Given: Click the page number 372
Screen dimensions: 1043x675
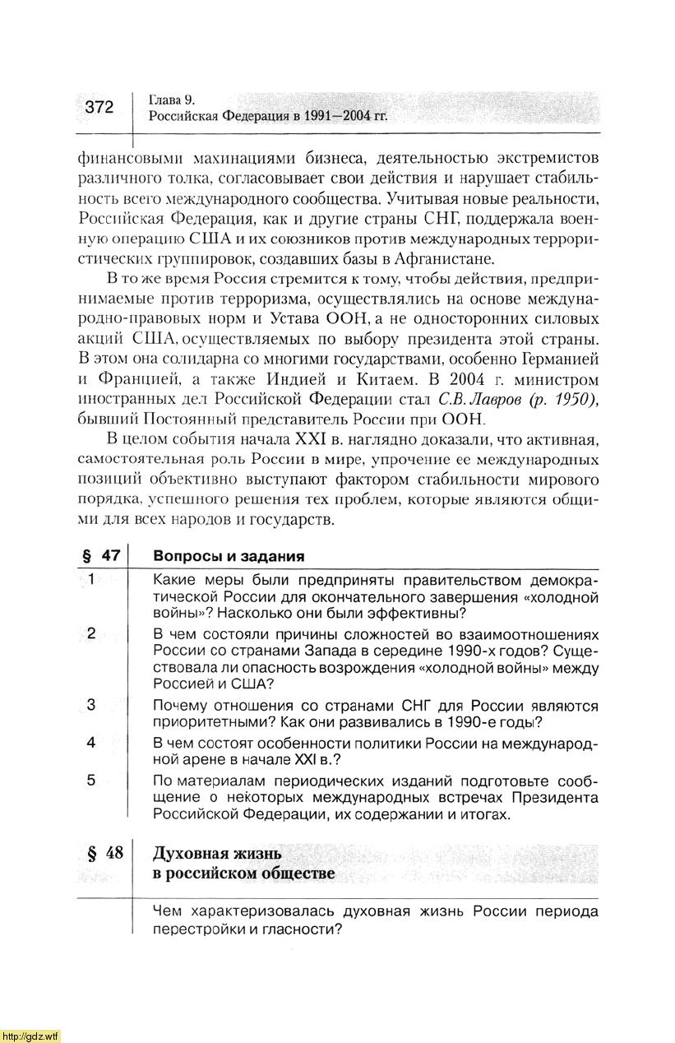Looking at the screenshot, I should point(99,107).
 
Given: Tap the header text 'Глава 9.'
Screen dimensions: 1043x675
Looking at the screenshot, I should point(171,100).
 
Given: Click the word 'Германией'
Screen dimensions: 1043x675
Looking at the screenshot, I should point(559,359).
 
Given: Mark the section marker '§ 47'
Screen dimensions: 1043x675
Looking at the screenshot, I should point(100,555).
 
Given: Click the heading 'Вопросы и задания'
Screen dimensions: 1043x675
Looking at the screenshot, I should point(229,556).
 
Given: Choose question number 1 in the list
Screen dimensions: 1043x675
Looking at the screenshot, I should point(92,581).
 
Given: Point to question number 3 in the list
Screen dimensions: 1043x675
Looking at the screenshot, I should point(91,704).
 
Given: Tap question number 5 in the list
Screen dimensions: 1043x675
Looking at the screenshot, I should point(91,780).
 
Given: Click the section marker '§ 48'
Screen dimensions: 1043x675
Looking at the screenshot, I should point(102,853).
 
